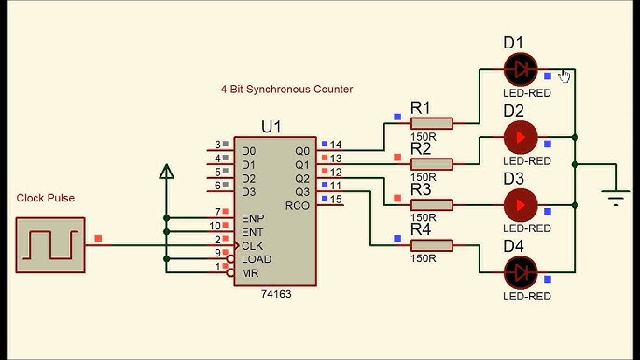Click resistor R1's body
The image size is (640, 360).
pos(432,122)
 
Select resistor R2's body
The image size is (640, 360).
pos(432,163)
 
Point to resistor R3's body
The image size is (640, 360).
pos(432,204)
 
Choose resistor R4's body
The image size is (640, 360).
pos(432,245)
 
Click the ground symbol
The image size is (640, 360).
pos(614,197)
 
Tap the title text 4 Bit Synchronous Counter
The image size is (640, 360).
pos(286,90)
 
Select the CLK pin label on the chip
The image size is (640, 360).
pos(252,245)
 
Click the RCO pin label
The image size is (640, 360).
pos(297,205)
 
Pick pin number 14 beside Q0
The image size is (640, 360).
pos(336,145)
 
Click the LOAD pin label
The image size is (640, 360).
pos(256,258)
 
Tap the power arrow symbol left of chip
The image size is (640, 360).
pos(166,172)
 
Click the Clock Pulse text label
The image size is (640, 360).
pos(45,198)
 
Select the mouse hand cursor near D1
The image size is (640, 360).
pos(564,75)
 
